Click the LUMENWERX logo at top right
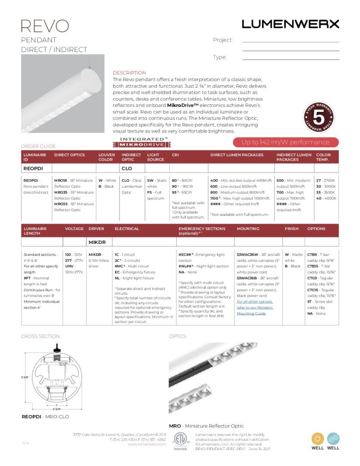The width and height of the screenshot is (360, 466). coord(290,24)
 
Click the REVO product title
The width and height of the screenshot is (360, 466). coord(45,25)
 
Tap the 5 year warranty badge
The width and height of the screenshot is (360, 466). coord(319,116)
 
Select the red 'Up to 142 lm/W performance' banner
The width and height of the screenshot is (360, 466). coord(285,142)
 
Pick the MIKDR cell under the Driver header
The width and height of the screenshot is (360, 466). coord(97,243)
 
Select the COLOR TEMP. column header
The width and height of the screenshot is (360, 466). coord(324,157)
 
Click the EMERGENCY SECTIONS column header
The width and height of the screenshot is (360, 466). coord(202,231)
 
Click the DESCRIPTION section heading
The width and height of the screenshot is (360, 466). coord(129,73)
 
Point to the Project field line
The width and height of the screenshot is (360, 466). coord(290,42)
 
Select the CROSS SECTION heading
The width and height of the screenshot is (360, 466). coord(40,336)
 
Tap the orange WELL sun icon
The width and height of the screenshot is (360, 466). coord(318,439)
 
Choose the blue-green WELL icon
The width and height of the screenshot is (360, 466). coord(334,439)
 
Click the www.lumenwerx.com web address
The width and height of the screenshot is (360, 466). coord(147,444)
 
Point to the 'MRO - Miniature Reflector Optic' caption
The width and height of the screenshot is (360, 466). coord(199,426)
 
